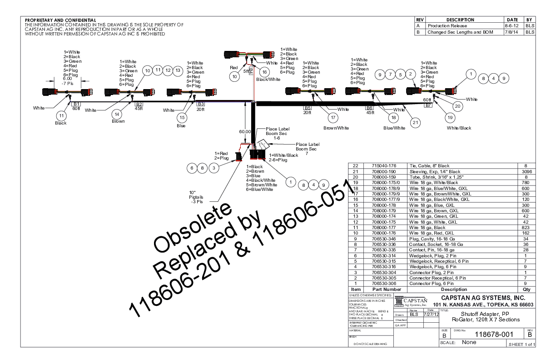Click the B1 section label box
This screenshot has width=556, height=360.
[x=77, y=104]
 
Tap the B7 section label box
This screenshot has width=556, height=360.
[x=428, y=105]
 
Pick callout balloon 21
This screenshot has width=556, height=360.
[x=414, y=121]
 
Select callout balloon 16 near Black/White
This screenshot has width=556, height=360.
[x=264, y=71]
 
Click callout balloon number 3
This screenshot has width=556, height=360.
[x=213, y=168]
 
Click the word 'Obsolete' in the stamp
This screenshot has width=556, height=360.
[x=189, y=230]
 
